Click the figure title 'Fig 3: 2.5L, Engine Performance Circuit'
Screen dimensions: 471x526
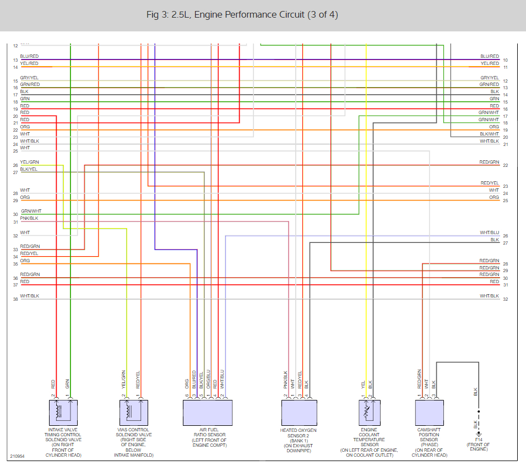point(242,15)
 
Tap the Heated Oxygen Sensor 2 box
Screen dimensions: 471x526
point(299,413)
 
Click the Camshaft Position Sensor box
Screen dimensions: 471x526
point(429,413)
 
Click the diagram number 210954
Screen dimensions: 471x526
point(17,457)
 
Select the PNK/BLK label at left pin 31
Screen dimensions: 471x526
point(30,219)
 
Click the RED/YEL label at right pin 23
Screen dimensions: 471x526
point(490,183)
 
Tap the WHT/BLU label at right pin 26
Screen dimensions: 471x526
point(489,232)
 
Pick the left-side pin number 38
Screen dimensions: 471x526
point(15,299)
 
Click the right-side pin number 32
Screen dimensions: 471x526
point(505,299)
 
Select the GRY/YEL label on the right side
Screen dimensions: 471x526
point(490,78)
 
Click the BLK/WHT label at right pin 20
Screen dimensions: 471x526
point(489,134)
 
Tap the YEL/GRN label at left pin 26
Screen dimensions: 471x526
point(29,162)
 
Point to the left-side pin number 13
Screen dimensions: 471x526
point(15,60)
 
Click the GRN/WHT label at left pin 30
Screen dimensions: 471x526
point(31,211)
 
